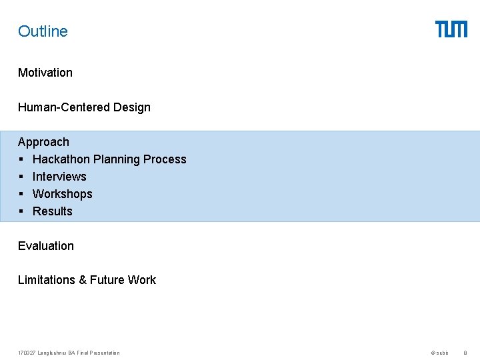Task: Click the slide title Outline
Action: (43, 31)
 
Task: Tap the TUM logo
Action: (451, 29)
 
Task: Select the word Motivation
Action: (45, 73)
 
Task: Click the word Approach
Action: (43, 142)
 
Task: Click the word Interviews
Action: (59, 177)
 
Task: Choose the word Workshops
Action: (63, 194)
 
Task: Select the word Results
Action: (53, 211)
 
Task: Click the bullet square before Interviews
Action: (21, 177)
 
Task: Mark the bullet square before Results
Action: (21, 211)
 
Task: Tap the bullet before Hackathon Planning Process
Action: (21, 159)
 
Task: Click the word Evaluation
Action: (46, 246)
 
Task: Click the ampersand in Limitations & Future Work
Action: (83, 280)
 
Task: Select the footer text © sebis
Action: (440, 353)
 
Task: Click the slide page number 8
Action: (465, 353)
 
